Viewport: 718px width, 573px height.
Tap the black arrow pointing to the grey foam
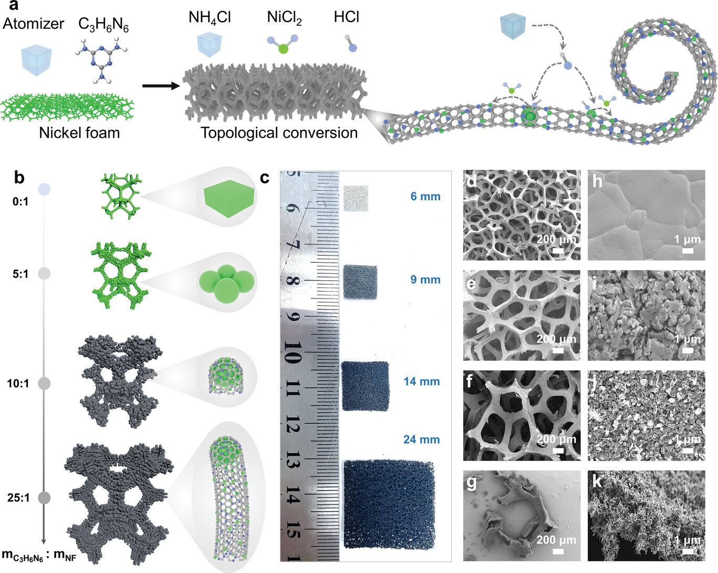(x=161, y=85)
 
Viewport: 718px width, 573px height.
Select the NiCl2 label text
(x=284, y=18)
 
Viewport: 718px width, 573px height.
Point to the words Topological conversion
(x=279, y=132)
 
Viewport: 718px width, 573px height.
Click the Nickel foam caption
(x=79, y=132)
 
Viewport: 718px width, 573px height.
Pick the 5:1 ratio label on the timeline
(x=20, y=274)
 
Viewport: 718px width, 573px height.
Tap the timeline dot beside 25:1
(x=44, y=497)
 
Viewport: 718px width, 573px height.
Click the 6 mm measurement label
(x=425, y=197)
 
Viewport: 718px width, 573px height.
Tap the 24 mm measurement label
(x=421, y=439)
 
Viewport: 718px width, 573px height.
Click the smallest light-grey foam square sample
(x=356, y=198)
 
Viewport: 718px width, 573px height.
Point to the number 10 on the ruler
(x=292, y=353)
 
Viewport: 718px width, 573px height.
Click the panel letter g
(x=471, y=481)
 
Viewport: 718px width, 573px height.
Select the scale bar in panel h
(x=687, y=251)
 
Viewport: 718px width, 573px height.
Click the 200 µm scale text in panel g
(x=556, y=540)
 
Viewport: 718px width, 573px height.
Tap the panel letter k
(x=597, y=481)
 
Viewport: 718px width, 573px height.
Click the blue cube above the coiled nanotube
(x=513, y=26)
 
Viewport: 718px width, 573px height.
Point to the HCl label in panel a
(x=346, y=17)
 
